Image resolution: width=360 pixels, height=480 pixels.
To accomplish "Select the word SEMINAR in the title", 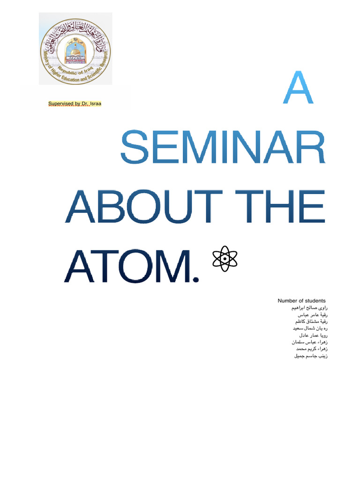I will [223, 148].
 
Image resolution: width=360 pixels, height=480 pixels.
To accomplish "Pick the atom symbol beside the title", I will [225, 258].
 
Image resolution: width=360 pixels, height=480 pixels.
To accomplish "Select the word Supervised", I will [61, 104].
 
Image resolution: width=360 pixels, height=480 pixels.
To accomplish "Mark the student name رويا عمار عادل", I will [312, 336].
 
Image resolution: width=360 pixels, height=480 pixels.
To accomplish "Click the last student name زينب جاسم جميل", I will [310, 356].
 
